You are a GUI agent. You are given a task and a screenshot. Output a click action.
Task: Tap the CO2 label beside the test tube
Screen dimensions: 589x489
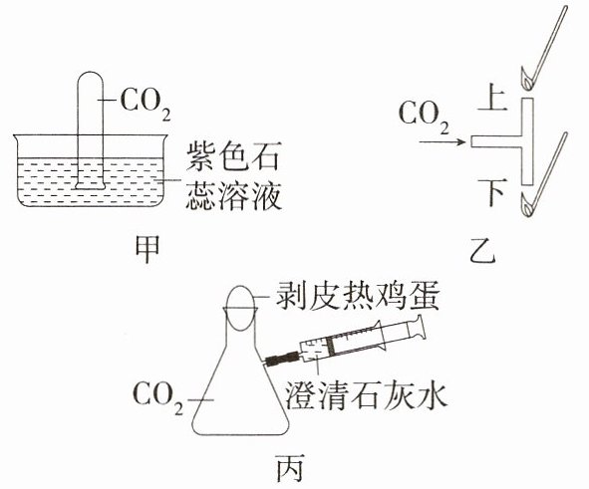point(146,105)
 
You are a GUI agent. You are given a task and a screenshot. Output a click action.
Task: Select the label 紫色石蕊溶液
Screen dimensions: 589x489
point(233,175)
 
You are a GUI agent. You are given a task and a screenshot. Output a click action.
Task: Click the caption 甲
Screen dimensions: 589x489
point(147,248)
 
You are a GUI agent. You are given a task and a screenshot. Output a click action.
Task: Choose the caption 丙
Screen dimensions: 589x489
point(290,468)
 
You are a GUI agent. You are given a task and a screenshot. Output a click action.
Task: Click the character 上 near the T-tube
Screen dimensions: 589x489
point(493,98)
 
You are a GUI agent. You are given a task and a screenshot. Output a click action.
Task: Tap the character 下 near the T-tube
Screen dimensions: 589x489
point(493,193)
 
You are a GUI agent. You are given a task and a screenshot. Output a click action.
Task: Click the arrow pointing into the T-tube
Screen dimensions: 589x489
point(442,141)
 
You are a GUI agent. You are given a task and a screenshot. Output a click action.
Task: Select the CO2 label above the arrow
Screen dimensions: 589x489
point(424,118)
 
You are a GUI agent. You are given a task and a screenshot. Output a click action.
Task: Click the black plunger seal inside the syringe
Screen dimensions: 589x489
point(331,346)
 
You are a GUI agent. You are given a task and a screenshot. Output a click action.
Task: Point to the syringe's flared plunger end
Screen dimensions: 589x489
point(420,328)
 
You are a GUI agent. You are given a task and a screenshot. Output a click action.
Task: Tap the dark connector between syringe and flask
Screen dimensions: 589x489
point(282,358)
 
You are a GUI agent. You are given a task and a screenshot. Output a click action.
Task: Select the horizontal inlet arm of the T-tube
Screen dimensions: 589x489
point(496,141)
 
